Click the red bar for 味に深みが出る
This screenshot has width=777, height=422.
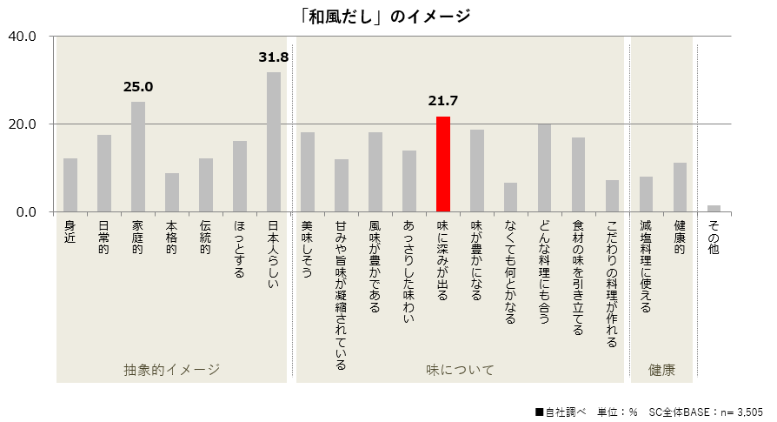pyautogui.click(x=443, y=164)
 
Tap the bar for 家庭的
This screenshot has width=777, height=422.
pyautogui.click(x=138, y=157)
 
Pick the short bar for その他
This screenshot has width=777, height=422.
pyautogui.click(x=714, y=209)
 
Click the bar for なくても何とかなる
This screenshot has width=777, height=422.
pyautogui.click(x=511, y=198)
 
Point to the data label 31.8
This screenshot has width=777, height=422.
pyautogui.click(x=274, y=57)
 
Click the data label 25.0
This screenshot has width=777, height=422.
pyautogui.click(x=138, y=87)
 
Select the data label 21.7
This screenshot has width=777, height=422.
pyautogui.click(x=443, y=102)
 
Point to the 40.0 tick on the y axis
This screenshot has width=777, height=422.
pyautogui.click(x=21, y=37)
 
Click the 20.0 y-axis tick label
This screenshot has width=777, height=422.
pyautogui.click(x=21, y=124)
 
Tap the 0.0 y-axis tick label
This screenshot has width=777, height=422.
pyautogui.click(x=24, y=212)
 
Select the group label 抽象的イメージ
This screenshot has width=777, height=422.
pyautogui.click(x=171, y=370)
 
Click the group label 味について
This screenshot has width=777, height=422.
pyautogui.click(x=460, y=370)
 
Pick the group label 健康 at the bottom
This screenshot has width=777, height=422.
pyautogui.click(x=661, y=370)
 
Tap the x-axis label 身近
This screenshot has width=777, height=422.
pyautogui.click(x=70, y=232)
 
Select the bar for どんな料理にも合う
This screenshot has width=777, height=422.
pyautogui.click(x=545, y=168)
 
